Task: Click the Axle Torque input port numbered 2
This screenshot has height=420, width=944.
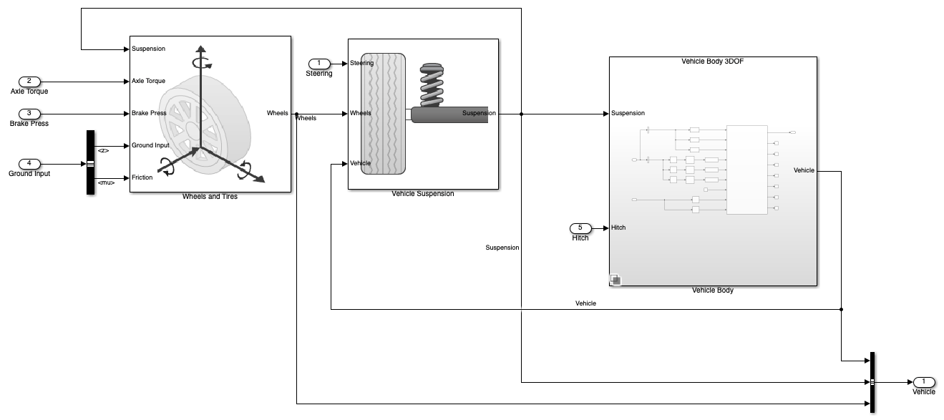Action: coord(29,82)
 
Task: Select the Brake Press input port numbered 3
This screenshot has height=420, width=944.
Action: coord(29,114)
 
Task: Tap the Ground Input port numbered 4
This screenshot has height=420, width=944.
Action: coord(29,163)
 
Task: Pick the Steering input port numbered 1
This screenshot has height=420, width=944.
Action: coord(319,64)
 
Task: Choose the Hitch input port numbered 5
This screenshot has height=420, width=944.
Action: coord(580,228)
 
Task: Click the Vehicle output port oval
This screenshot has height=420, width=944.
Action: coord(924,382)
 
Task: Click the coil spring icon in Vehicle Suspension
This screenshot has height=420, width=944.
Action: coord(432,85)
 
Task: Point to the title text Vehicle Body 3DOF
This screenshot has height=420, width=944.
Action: coord(713,62)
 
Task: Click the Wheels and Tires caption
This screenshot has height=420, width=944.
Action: coord(210,197)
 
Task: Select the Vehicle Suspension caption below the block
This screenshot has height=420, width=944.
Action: coord(423,194)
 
